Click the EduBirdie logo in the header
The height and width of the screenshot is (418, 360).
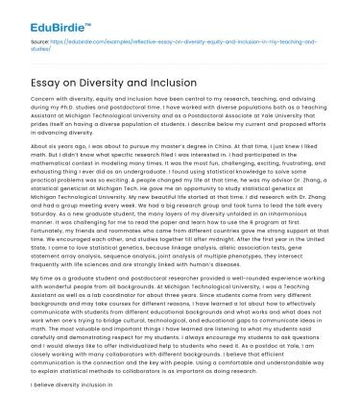click(45, 18)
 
